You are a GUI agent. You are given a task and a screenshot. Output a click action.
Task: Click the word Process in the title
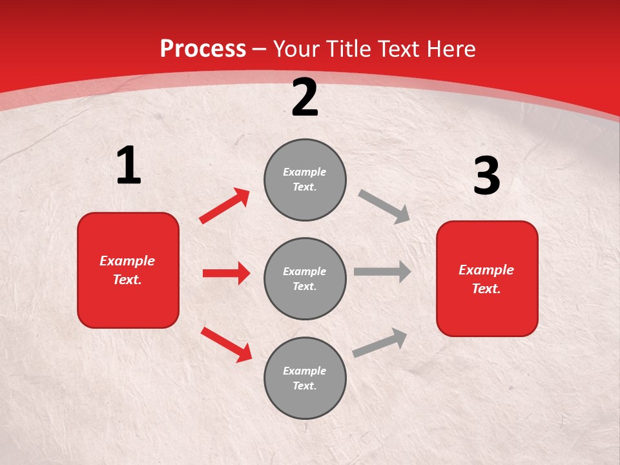(x=203, y=49)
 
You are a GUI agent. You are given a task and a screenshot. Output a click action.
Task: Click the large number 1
(x=129, y=165)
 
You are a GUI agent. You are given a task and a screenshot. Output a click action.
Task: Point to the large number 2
(x=305, y=98)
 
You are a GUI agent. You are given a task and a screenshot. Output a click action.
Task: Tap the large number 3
(x=486, y=176)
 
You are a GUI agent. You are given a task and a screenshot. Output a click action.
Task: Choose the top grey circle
(x=305, y=180)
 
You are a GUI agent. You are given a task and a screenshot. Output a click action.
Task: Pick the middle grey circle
(x=305, y=278)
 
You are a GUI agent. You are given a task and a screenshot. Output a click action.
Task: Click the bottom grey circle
(x=305, y=378)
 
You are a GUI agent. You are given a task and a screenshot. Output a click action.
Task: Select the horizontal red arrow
(x=226, y=273)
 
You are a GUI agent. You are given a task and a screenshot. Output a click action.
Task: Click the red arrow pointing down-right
(x=227, y=344)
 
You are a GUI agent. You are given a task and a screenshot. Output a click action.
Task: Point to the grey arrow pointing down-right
(x=384, y=207)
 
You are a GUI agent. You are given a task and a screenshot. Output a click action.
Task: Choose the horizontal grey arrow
(x=382, y=272)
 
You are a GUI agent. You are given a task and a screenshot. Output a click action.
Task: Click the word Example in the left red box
(x=127, y=261)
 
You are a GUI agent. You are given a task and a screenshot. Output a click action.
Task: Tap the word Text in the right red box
(x=486, y=289)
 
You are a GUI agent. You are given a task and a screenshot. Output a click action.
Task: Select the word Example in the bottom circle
(x=304, y=371)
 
